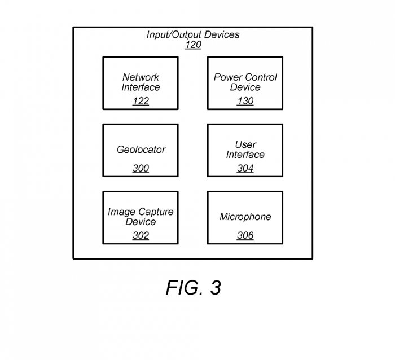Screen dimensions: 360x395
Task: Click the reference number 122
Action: click(141, 101)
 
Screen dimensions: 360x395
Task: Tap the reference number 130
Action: click(245, 101)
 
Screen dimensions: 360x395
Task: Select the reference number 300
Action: click(141, 168)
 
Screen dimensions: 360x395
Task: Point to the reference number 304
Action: click(245, 168)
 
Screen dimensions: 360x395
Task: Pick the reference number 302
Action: click(141, 235)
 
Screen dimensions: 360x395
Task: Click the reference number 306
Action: click(245, 235)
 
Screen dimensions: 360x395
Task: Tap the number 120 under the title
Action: click(193, 45)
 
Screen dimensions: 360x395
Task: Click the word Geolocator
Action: click(141, 150)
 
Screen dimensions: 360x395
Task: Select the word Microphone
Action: click(245, 217)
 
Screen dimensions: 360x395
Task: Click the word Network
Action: click(141, 77)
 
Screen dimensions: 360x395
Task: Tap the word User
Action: click(245, 144)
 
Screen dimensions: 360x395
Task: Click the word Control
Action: click(261, 77)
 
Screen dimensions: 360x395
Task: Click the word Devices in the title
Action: click(222, 34)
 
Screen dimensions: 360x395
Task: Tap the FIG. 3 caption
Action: click(193, 288)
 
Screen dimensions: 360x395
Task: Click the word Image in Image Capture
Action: click(121, 212)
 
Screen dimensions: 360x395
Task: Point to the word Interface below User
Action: click(245, 155)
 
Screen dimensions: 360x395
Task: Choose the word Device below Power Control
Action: click(245, 87)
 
